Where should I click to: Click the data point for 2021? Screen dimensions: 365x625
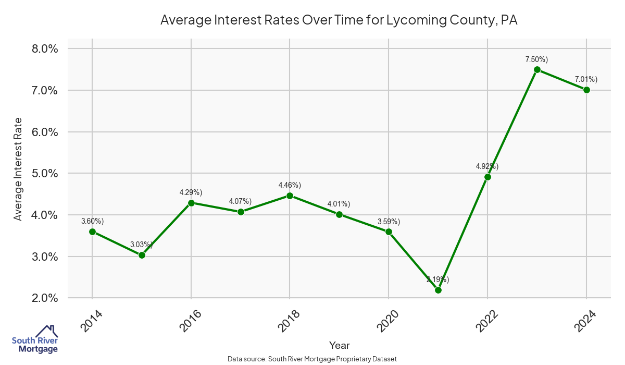(438, 290)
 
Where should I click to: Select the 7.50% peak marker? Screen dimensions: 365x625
(537, 69)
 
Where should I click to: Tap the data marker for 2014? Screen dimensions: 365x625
(92, 232)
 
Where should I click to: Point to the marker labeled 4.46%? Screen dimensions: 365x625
(290, 196)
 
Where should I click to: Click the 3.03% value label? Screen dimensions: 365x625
(141, 244)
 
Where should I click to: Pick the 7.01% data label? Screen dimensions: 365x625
(586, 79)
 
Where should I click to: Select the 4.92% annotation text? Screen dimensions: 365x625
(487, 166)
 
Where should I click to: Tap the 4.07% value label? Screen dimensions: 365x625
(240, 201)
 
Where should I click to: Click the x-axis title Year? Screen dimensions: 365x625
(340, 345)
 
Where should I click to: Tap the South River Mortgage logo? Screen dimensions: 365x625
(35, 339)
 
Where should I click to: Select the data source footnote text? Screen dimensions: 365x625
(312, 359)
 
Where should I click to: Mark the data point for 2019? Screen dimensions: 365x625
(339, 214)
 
